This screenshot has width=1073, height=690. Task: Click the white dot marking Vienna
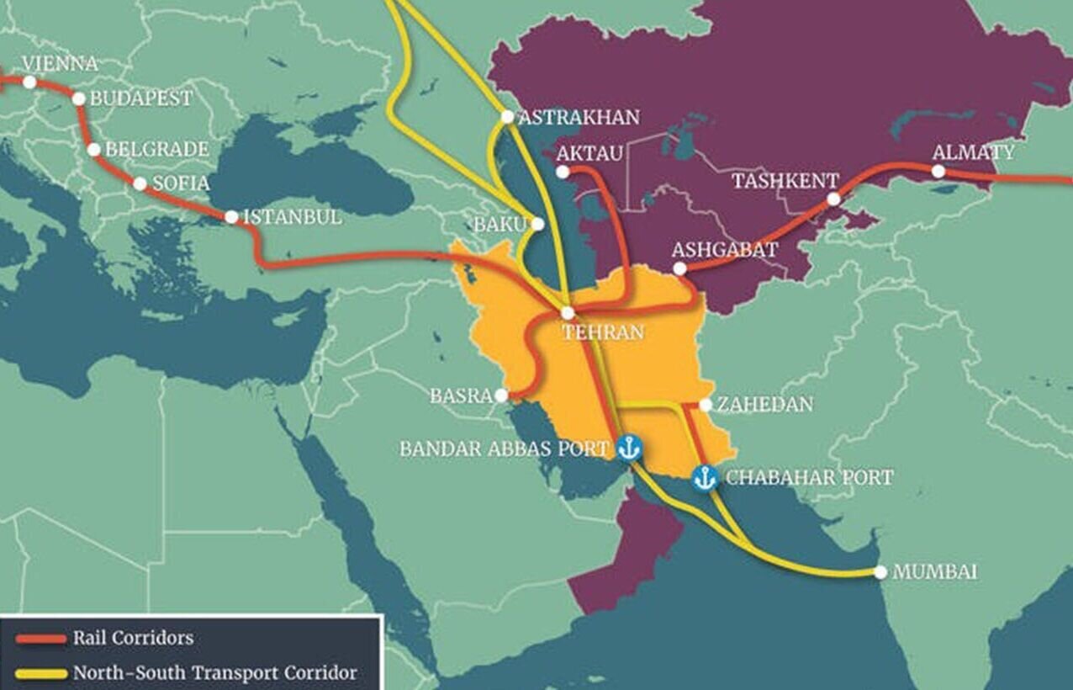pyautogui.click(x=29, y=82)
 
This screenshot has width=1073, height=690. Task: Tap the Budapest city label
pyautogui.click(x=140, y=98)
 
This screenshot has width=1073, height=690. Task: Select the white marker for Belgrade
pyautogui.click(x=94, y=150)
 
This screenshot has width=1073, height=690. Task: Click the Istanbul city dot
pyautogui.click(x=231, y=216)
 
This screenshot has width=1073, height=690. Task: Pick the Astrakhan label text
pyautogui.click(x=579, y=117)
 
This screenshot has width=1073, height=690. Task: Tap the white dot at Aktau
pyautogui.click(x=563, y=171)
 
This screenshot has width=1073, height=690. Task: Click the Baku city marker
pyautogui.click(x=537, y=224)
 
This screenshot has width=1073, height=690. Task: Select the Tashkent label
pyautogui.click(x=785, y=181)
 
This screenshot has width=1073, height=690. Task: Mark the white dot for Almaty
pyautogui.click(x=938, y=171)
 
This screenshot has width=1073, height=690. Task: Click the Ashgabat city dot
pyautogui.click(x=680, y=269)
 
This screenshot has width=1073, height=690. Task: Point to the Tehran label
pyautogui.click(x=602, y=332)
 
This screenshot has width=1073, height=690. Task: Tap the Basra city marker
pyautogui.click(x=501, y=395)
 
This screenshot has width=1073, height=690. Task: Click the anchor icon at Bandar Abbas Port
pyautogui.click(x=628, y=448)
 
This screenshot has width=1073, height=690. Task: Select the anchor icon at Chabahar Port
pyautogui.click(x=704, y=478)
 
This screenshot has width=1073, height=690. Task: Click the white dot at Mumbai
pyautogui.click(x=880, y=572)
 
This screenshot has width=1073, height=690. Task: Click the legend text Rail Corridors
pyautogui.click(x=133, y=638)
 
